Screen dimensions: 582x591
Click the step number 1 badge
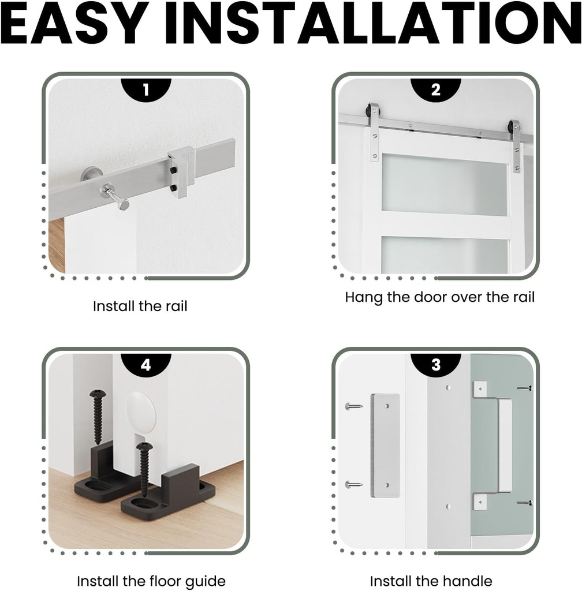[x=146, y=89]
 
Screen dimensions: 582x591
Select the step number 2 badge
[x=436, y=89]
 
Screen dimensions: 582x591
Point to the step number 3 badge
[x=436, y=365]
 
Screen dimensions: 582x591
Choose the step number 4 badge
[x=146, y=365]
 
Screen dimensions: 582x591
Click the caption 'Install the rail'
[x=140, y=306]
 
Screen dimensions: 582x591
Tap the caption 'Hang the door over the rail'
[x=439, y=297]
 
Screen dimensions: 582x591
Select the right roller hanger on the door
[x=515, y=145]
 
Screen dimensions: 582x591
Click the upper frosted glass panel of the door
[x=445, y=185]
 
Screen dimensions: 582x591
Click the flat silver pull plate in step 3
[x=385, y=446]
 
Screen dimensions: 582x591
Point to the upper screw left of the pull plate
[x=353, y=406]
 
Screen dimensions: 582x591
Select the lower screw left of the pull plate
[x=353, y=485]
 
